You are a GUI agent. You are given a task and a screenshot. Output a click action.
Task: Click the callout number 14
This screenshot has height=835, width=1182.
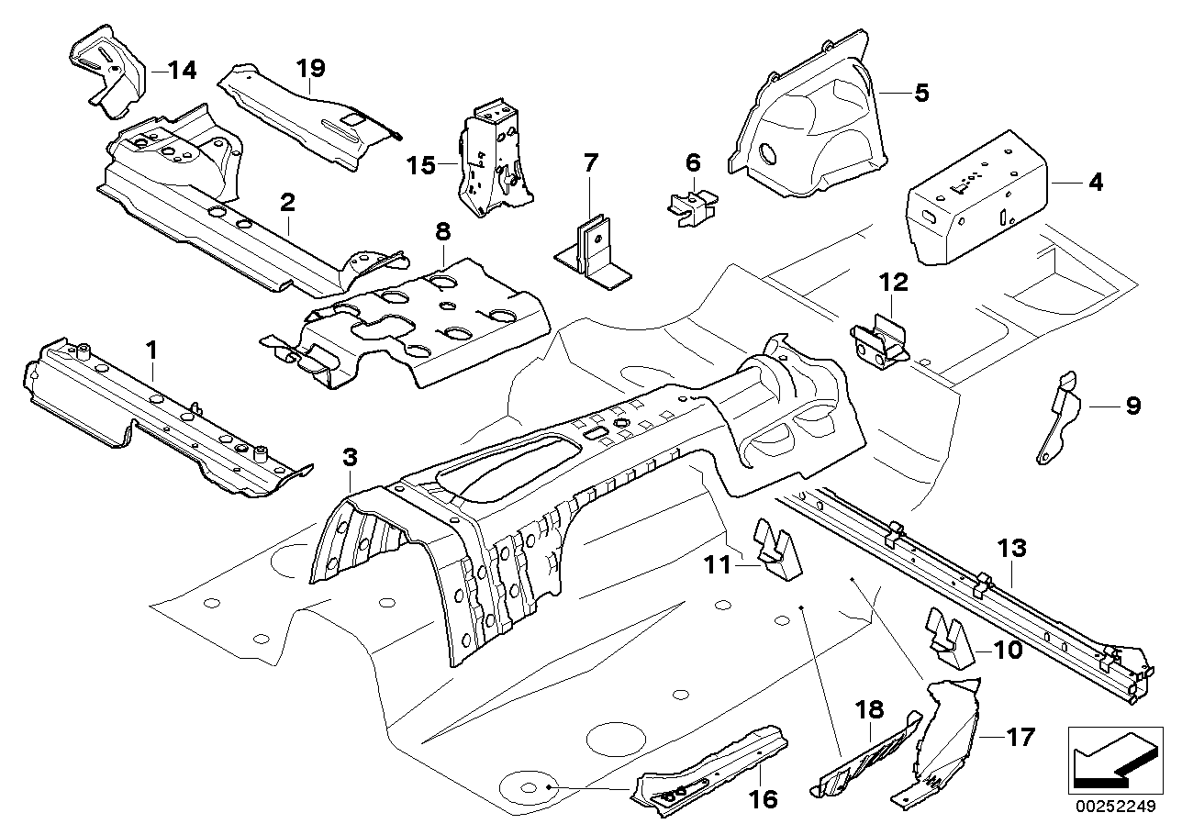[x=182, y=70]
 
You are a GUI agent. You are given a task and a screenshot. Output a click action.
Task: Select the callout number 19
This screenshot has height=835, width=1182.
[x=311, y=68]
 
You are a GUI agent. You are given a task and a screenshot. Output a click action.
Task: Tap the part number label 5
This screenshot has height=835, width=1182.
[x=921, y=92]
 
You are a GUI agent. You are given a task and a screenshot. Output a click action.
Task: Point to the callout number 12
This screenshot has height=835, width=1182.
[x=894, y=283]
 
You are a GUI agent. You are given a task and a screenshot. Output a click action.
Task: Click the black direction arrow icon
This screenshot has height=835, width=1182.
[x=1110, y=759]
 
